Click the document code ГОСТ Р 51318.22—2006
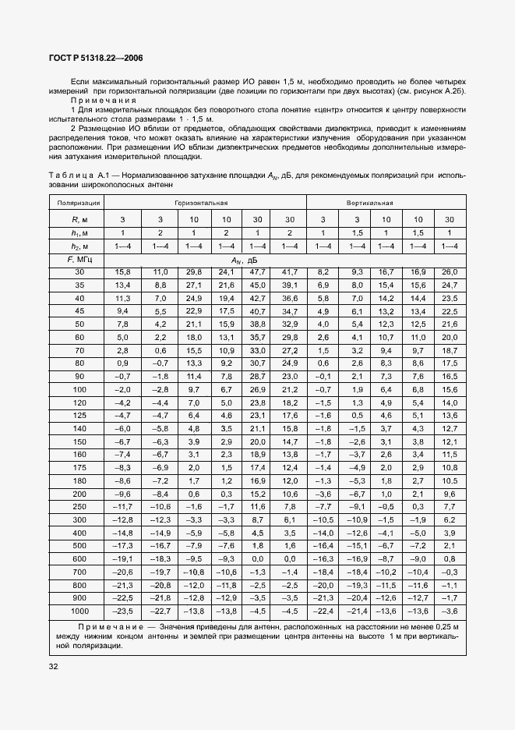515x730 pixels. coord(92,58)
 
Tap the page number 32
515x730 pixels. coord(53,666)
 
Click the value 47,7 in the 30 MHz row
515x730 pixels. coord(256,271)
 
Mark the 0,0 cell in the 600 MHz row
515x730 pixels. coord(290,558)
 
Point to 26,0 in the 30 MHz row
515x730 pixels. coord(450,271)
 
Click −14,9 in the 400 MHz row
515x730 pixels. coord(160,532)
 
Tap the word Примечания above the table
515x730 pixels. coord(103,100)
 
